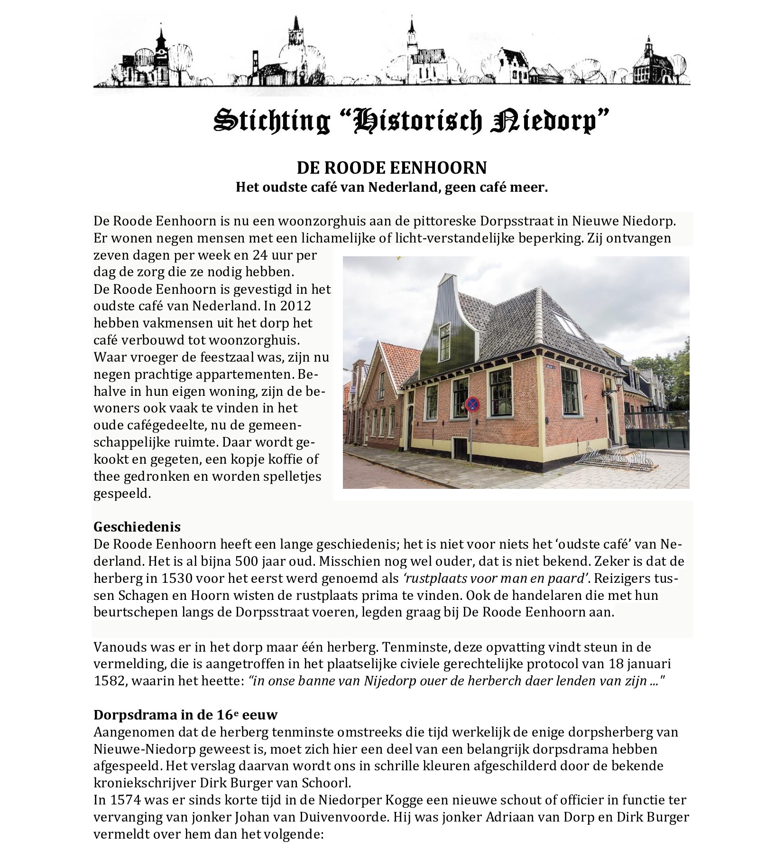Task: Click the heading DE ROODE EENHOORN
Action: coord(391,168)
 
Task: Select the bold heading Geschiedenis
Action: coord(137,527)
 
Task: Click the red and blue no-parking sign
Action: coord(472,405)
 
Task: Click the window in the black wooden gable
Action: coord(445,336)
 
